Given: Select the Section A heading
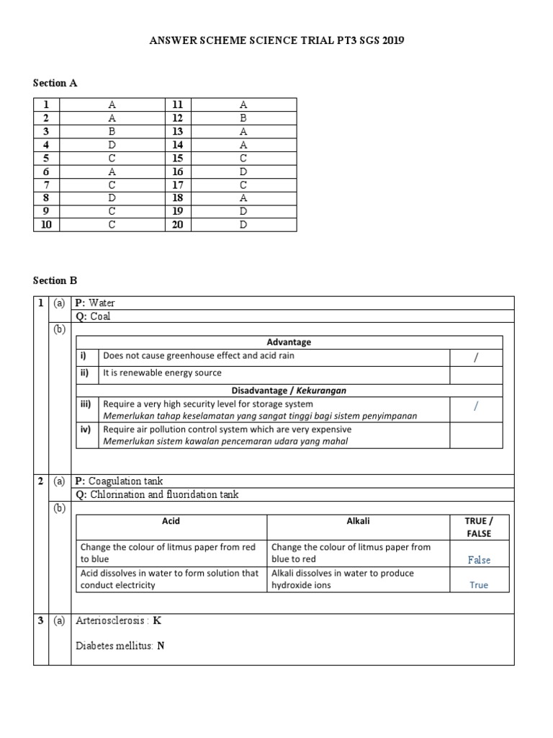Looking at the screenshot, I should click(x=55, y=83).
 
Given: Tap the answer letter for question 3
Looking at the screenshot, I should click(x=112, y=131).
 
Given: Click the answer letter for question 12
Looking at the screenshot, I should click(x=243, y=117).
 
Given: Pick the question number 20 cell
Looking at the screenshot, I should click(x=178, y=225).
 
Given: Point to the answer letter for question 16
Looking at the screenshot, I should click(x=243, y=172).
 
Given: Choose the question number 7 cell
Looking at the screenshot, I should click(x=46, y=184).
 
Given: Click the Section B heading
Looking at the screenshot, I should click(x=55, y=280).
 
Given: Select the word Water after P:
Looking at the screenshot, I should click(x=102, y=303).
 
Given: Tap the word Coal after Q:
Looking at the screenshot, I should click(x=100, y=316).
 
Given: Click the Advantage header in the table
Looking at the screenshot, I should click(x=289, y=342).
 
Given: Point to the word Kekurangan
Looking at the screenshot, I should click(x=323, y=390).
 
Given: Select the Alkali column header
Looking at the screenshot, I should click(x=358, y=520).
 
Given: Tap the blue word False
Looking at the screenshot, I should click(x=479, y=560).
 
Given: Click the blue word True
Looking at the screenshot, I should click(x=479, y=585).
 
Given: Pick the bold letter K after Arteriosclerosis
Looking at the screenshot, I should click(x=158, y=621).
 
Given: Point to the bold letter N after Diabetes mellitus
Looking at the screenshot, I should click(x=161, y=646).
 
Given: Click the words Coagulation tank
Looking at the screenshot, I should click(x=130, y=481).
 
